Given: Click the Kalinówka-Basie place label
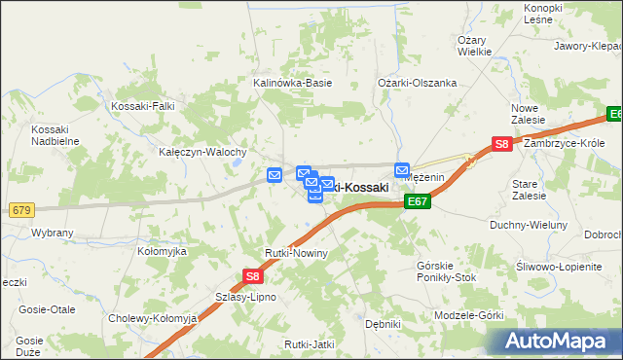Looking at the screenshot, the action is point(292,84).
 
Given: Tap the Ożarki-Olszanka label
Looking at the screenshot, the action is point(418,84).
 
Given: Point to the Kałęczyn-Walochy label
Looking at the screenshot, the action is point(202,153).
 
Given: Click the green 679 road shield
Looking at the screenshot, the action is point(21,210).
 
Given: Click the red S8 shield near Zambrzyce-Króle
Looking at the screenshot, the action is point(501,144).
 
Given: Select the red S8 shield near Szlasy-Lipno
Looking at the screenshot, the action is point(251,277).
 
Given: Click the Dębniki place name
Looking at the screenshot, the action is point(383,324).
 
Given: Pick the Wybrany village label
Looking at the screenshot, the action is point(53,234).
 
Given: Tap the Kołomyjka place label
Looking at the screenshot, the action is point(162,251).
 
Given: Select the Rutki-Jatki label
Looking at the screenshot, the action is point(310,344).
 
